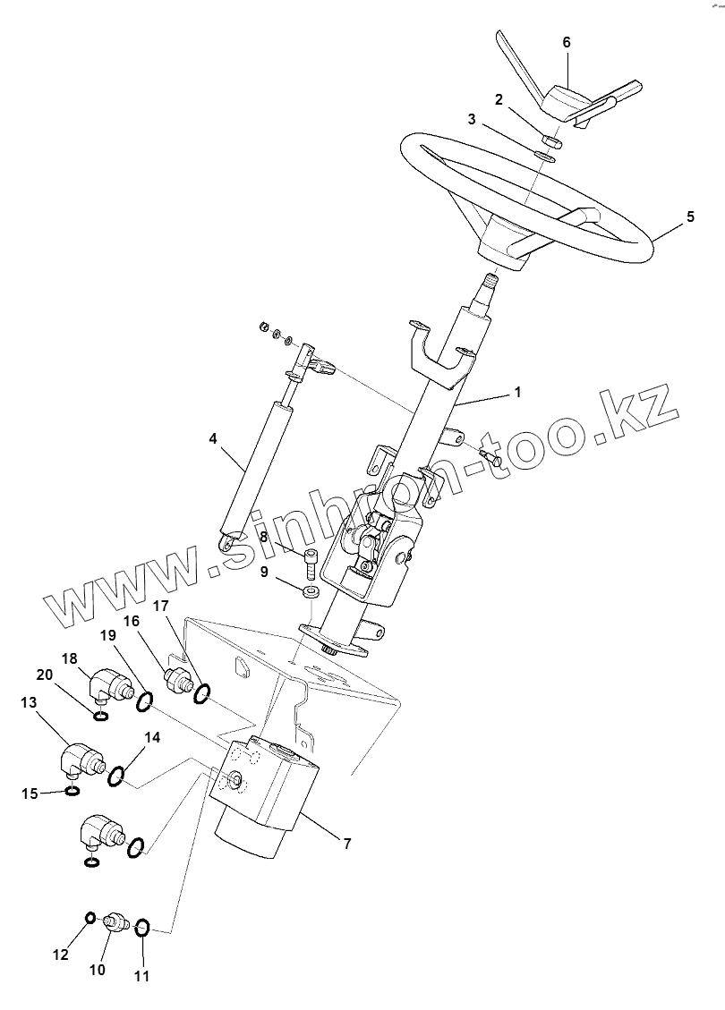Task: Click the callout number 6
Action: (x=566, y=42)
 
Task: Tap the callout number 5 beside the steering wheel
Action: (x=690, y=216)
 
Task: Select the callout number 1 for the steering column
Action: (x=516, y=392)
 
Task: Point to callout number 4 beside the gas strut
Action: (x=212, y=438)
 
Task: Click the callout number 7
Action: (x=346, y=843)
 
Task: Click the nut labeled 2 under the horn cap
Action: (x=551, y=140)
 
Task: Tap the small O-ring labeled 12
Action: (x=90, y=919)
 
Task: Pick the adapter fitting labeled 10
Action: (x=115, y=921)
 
